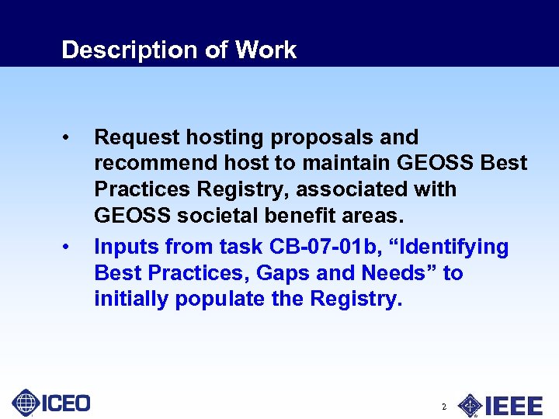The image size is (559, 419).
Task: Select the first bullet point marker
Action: [x=69, y=138]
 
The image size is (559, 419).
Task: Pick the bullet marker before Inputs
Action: [x=69, y=248]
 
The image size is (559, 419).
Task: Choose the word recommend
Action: [x=149, y=164]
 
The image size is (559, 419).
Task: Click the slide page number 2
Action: [x=443, y=407]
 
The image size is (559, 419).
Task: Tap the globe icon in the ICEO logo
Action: [x=26, y=403]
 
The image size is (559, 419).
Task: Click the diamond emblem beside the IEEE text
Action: [x=470, y=405]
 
